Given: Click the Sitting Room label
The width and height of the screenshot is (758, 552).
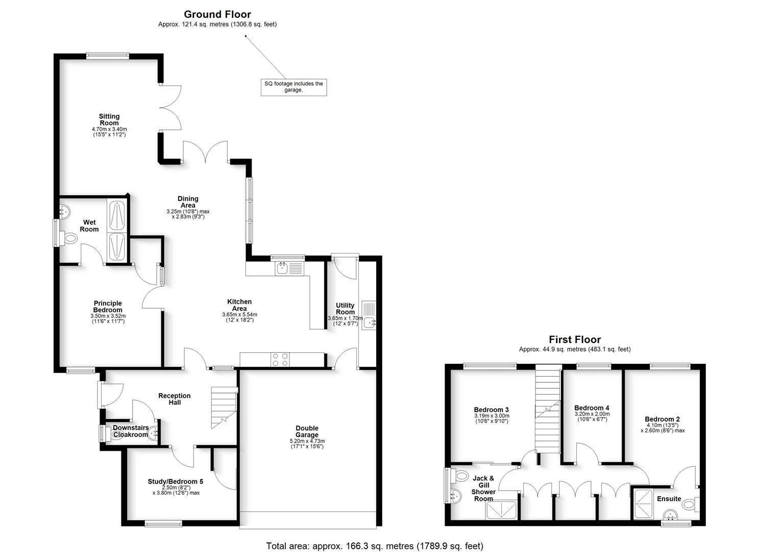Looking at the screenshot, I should pyautogui.click(x=109, y=120).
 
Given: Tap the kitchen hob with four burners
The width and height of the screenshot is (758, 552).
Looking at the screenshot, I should pyautogui.click(x=280, y=360).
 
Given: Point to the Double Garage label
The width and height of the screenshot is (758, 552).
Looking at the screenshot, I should pyautogui.click(x=306, y=431).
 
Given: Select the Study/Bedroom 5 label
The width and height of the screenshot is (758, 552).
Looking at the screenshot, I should pyautogui.click(x=175, y=481).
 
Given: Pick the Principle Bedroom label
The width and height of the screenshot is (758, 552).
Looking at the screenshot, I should pyautogui.click(x=108, y=307).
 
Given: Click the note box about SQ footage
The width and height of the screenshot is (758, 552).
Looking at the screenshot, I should pyautogui.click(x=294, y=87).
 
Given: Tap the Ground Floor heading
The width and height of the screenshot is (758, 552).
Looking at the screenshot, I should pyautogui.click(x=217, y=14).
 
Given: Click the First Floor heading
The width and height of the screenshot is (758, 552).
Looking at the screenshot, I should pyautogui.click(x=575, y=339).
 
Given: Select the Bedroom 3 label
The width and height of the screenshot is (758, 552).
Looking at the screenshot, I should pyautogui.click(x=491, y=410).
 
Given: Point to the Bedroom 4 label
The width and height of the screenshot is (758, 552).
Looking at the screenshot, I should pyautogui.click(x=592, y=408).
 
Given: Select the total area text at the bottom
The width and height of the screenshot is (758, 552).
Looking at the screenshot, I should pyautogui.click(x=374, y=546).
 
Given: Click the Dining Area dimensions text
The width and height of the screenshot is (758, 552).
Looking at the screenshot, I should pyautogui.click(x=188, y=214).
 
